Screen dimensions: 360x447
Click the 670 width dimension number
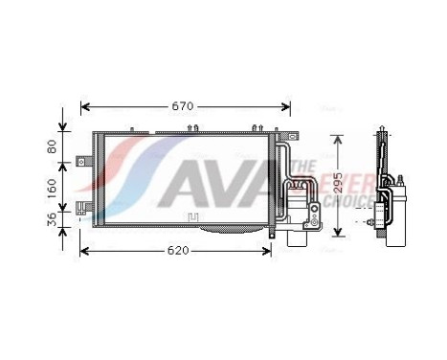[182, 105]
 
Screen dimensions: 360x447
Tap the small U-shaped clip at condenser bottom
[194, 218]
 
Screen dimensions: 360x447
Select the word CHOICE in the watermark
[345, 202]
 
